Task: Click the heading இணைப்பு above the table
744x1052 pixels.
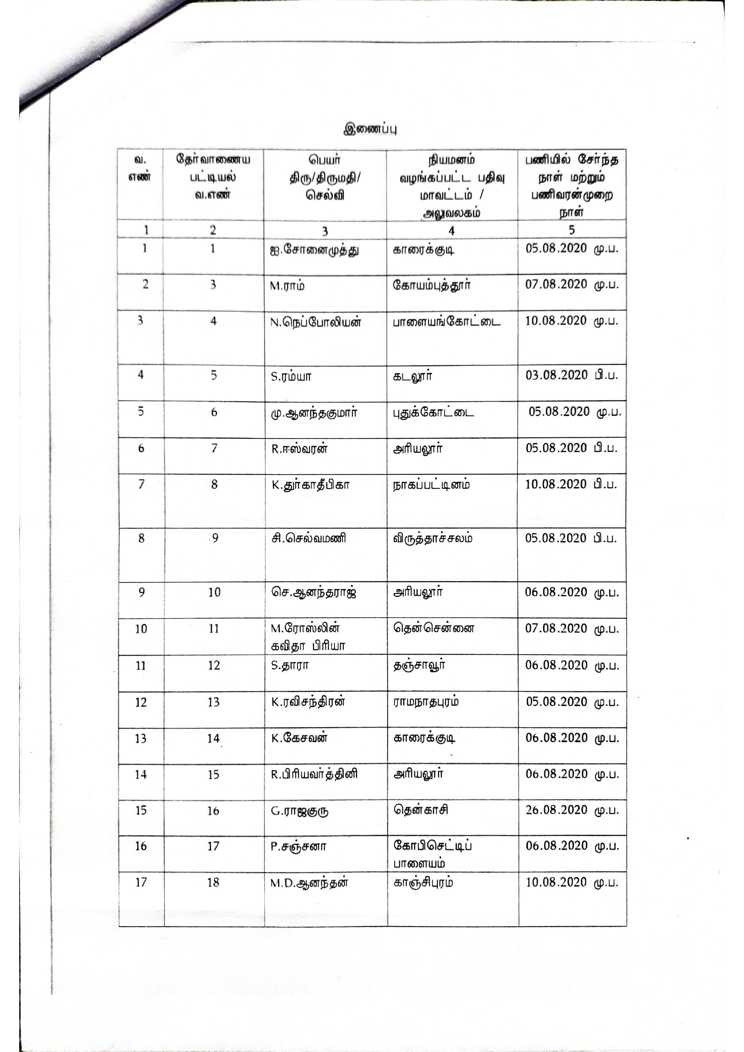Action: coord(370,129)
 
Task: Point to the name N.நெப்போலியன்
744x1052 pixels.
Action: coord(316,322)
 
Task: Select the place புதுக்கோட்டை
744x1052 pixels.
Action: coord(433,412)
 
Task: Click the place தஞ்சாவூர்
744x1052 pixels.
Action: coord(419,665)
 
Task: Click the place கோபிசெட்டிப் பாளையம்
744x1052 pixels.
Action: coord(432,854)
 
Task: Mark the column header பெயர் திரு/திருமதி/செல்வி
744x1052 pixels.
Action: coord(324,178)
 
